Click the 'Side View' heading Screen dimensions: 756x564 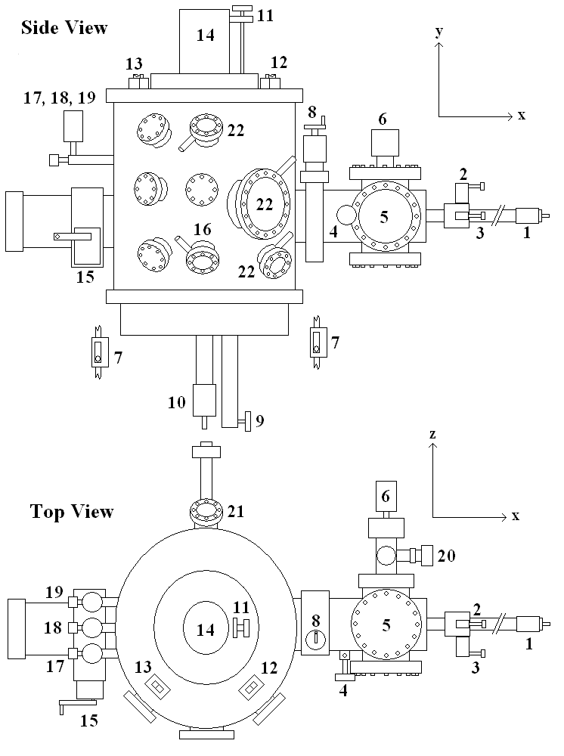64,28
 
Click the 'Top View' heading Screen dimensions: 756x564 72,511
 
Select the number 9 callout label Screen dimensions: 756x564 259,420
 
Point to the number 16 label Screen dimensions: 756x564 202,229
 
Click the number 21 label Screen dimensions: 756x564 237,512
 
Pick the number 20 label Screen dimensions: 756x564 447,556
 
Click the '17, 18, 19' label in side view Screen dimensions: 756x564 55,98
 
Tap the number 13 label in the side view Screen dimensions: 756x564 134,63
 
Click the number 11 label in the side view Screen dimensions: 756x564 265,14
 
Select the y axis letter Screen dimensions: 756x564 438,33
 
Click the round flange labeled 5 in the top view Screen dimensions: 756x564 386,625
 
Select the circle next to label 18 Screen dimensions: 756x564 92,627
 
